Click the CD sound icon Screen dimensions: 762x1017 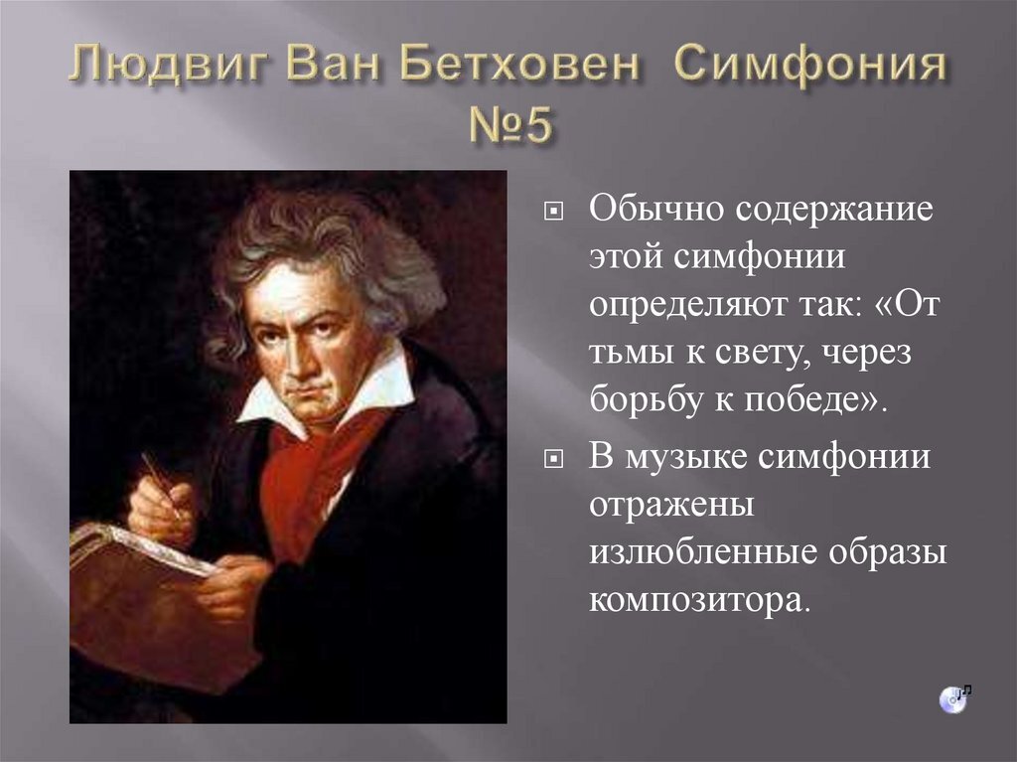pos(952,697)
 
